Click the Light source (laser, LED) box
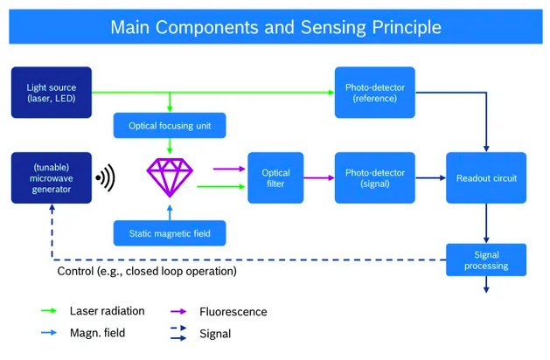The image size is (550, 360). point(51,93)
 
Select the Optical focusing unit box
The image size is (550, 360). point(170,126)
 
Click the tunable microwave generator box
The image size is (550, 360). point(51,178)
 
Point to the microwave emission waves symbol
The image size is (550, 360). point(106,178)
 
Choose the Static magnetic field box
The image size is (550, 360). point(170,232)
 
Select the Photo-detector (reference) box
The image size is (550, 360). point(374,93)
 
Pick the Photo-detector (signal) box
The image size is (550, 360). point(374,178)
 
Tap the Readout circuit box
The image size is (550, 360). point(486,178)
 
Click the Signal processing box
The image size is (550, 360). point(486,260)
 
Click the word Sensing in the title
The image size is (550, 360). point(337,27)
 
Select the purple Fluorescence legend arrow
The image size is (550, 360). point(180,311)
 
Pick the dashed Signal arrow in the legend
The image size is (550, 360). point(180,327)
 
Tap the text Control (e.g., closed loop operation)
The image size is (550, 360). point(147,272)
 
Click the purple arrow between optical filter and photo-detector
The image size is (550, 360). point(318,178)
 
